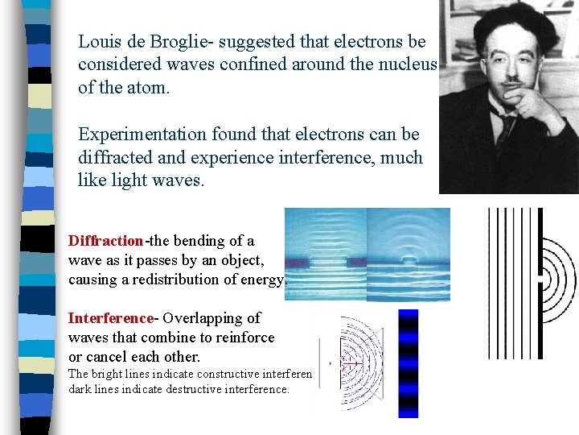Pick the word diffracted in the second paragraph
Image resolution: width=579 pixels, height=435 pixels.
(x=113, y=157)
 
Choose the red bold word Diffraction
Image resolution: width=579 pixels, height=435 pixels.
(x=105, y=241)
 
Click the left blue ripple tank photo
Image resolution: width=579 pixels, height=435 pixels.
(x=326, y=254)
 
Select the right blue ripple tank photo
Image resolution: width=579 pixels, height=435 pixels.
(x=409, y=254)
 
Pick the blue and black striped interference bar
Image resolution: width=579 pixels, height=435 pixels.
(x=409, y=363)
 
